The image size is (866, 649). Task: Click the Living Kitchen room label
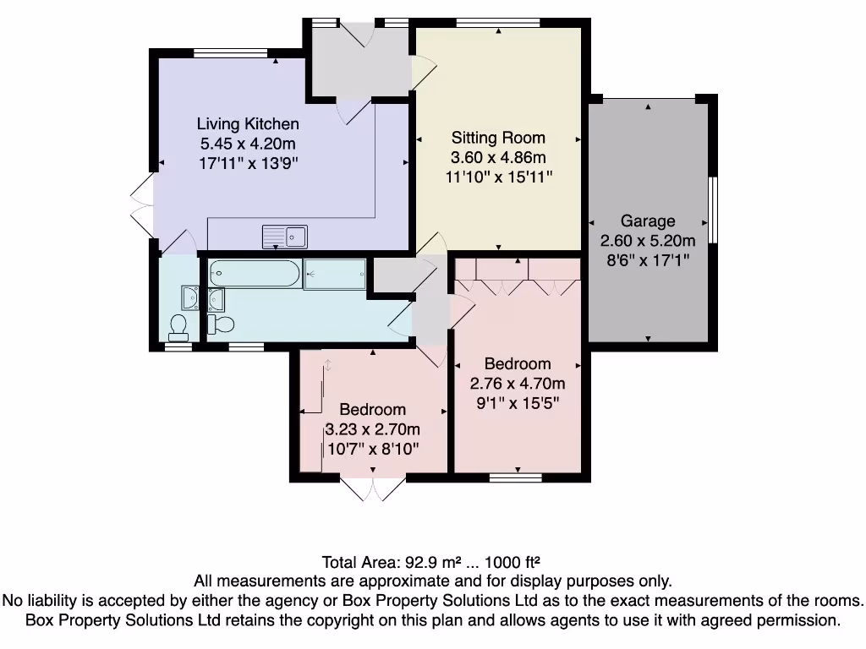pyautogui.click(x=248, y=123)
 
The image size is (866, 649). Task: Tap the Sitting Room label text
pyautogui.click(x=498, y=138)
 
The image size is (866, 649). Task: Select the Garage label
pyautogui.click(x=648, y=221)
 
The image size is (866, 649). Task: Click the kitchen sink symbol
pyautogui.click(x=284, y=237)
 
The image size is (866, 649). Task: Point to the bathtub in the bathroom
pyautogui.click(x=255, y=273)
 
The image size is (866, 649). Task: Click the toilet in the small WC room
pyautogui.click(x=178, y=327)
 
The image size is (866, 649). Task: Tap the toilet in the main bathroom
pyautogui.click(x=221, y=324)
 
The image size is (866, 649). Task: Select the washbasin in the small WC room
pyautogui.click(x=189, y=298)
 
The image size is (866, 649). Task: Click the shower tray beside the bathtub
pyautogui.click(x=335, y=274)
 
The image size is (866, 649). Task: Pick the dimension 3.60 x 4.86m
pyautogui.click(x=498, y=157)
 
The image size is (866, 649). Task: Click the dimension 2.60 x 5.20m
pyautogui.click(x=648, y=241)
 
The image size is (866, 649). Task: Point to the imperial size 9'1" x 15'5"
pyautogui.click(x=518, y=403)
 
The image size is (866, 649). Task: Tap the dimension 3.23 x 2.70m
pyautogui.click(x=373, y=429)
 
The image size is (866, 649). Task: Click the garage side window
pyautogui.click(x=713, y=210)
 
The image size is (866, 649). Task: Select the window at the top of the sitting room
pyautogui.click(x=498, y=23)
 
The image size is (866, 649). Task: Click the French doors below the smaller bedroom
pyautogui.click(x=373, y=488)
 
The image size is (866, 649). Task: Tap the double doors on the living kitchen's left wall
pyautogui.click(x=142, y=206)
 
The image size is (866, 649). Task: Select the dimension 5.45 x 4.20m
pyautogui.click(x=248, y=144)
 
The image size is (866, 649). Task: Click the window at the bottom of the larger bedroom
pyautogui.click(x=516, y=477)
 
